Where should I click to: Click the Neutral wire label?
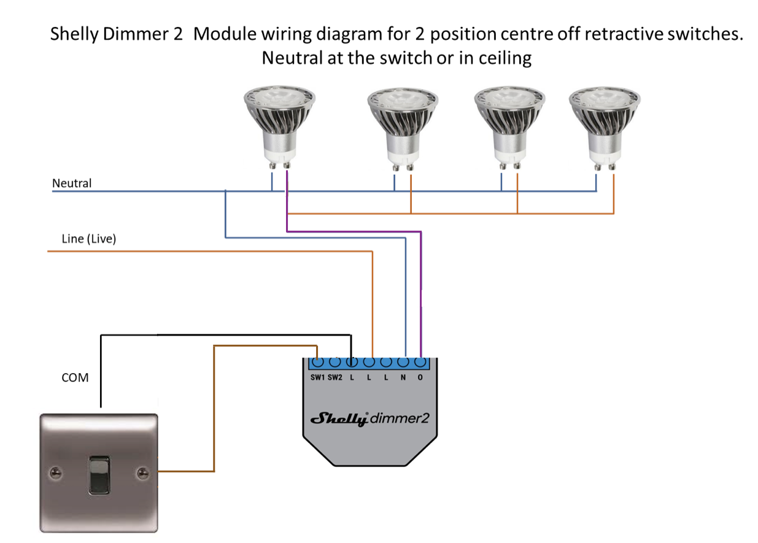click(72, 183)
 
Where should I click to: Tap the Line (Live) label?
click(88, 239)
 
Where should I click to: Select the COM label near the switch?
click(75, 377)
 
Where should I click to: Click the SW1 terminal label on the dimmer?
click(317, 377)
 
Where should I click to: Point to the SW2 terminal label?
click(335, 377)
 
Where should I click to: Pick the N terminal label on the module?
click(403, 377)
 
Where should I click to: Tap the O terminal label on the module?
click(420, 377)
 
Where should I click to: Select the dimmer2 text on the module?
click(400, 418)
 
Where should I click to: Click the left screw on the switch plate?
click(56, 472)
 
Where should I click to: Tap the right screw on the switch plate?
click(142, 472)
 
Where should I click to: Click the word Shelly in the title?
click(74, 34)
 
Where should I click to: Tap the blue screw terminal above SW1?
click(317, 362)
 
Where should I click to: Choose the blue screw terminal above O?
click(420, 362)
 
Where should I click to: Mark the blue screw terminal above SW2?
click(335, 362)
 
